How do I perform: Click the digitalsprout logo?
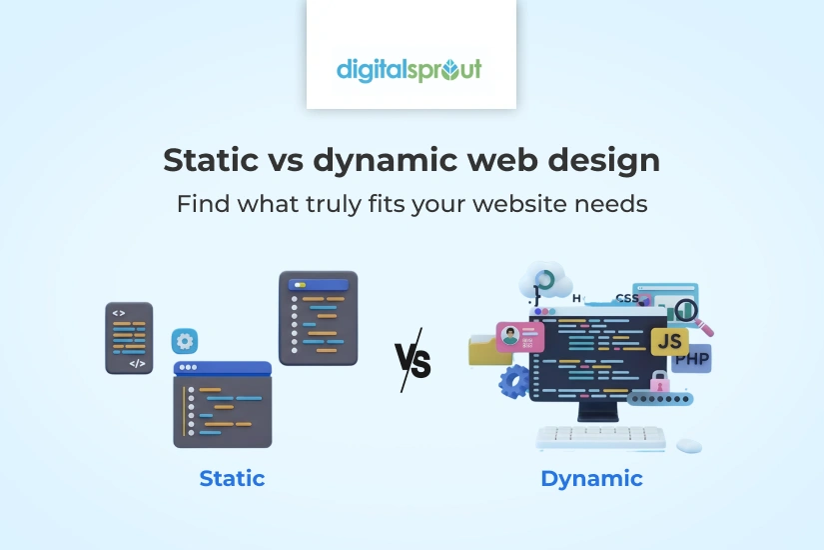[410, 70]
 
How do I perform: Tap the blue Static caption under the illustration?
[232, 478]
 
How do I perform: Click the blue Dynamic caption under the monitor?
[591, 478]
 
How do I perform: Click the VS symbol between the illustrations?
[412, 360]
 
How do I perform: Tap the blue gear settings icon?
[184, 341]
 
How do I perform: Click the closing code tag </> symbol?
[137, 363]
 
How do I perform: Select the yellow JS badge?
[668, 341]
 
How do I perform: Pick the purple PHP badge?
[692, 359]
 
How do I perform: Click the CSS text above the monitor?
[627, 298]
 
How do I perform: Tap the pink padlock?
[659, 380]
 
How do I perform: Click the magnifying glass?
[690, 312]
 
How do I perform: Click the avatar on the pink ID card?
[510, 336]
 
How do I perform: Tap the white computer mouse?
[689, 444]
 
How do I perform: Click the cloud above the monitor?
[546, 282]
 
